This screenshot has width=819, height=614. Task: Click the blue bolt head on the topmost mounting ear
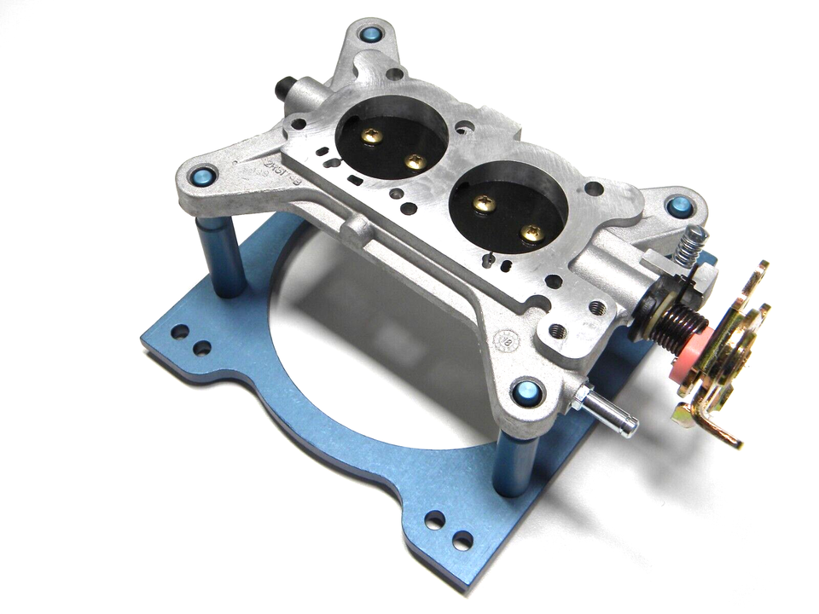[372, 35]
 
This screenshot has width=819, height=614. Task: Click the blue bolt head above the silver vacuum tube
[526, 392]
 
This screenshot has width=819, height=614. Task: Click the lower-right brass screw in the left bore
[415, 161]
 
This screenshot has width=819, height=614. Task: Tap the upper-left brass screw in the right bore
[484, 205]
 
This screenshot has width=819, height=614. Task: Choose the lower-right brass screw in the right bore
[531, 231]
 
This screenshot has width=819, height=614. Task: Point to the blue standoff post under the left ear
[220, 256]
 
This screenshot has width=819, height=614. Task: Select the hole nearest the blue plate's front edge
[462, 540]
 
